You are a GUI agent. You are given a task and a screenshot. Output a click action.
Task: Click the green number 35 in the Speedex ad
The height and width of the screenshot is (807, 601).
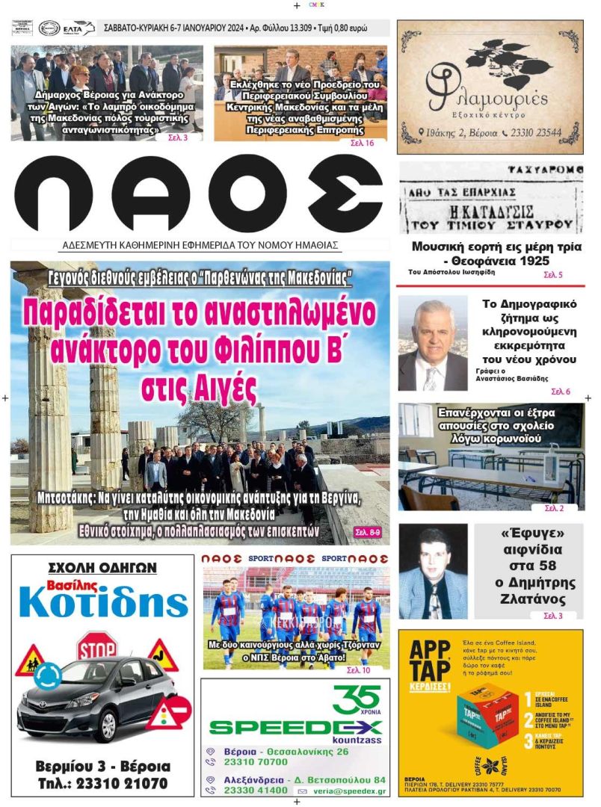point(357,699)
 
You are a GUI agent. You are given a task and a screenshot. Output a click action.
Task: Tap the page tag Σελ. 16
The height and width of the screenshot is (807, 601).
point(362,142)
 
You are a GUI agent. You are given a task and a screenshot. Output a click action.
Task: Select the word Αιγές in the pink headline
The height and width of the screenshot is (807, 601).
point(200,389)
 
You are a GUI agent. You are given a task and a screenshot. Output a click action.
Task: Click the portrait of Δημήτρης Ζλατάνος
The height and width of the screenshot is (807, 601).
point(433,572)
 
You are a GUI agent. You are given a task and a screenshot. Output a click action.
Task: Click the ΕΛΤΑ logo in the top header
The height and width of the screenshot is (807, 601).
point(79,28)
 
